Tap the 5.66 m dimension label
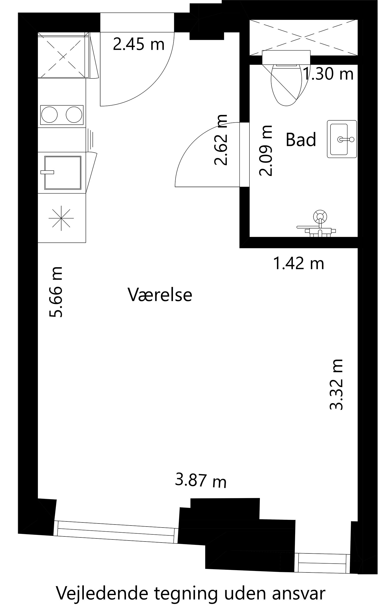(55, 292)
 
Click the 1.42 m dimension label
(299, 263)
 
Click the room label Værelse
(160, 295)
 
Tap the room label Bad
(301, 139)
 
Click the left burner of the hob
(49, 115)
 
